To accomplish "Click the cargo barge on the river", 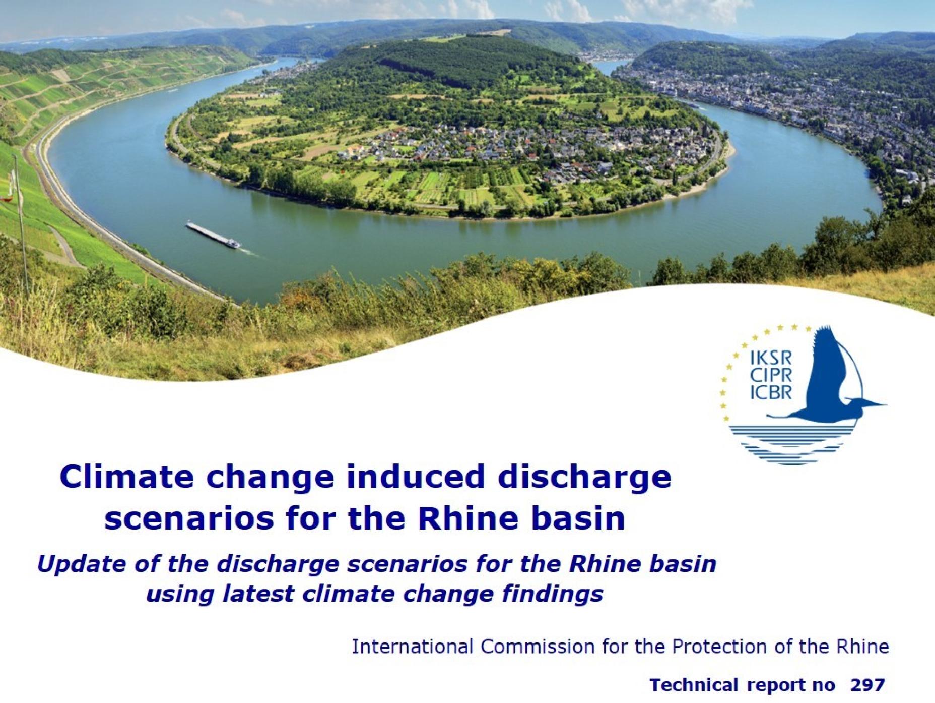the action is coord(214,235).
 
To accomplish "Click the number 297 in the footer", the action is coord(867,685).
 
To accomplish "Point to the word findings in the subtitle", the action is coord(553,594).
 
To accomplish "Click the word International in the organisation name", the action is coord(413,646).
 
